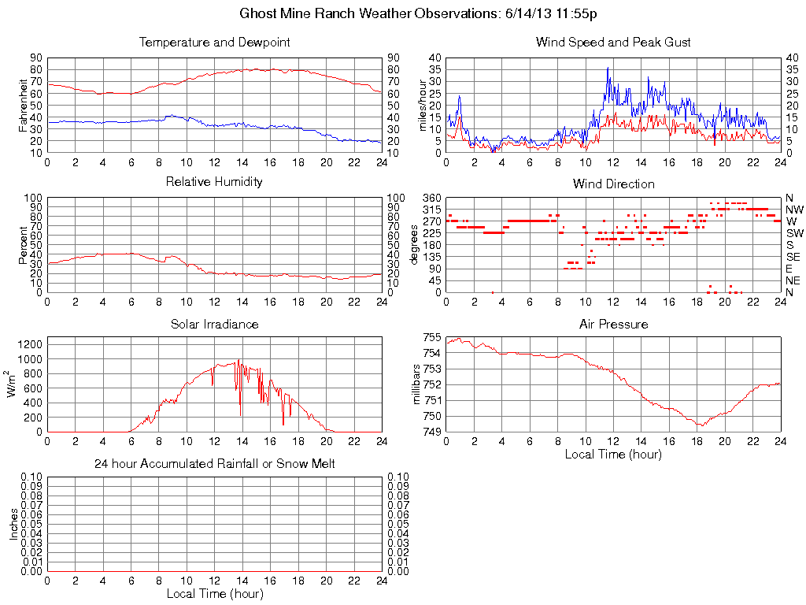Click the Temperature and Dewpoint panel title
coord(214,42)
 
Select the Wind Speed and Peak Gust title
coord(613,42)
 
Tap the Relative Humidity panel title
coord(214,182)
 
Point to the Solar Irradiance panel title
coord(214,324)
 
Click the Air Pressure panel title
coord(613,324)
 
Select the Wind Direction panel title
coord(613,184)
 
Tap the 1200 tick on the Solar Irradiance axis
coord(29,343)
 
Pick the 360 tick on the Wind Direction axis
coord(431,197)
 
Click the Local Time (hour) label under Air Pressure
coord(613,455)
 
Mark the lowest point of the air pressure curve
coord(699,425)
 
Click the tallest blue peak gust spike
coord(608,68)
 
